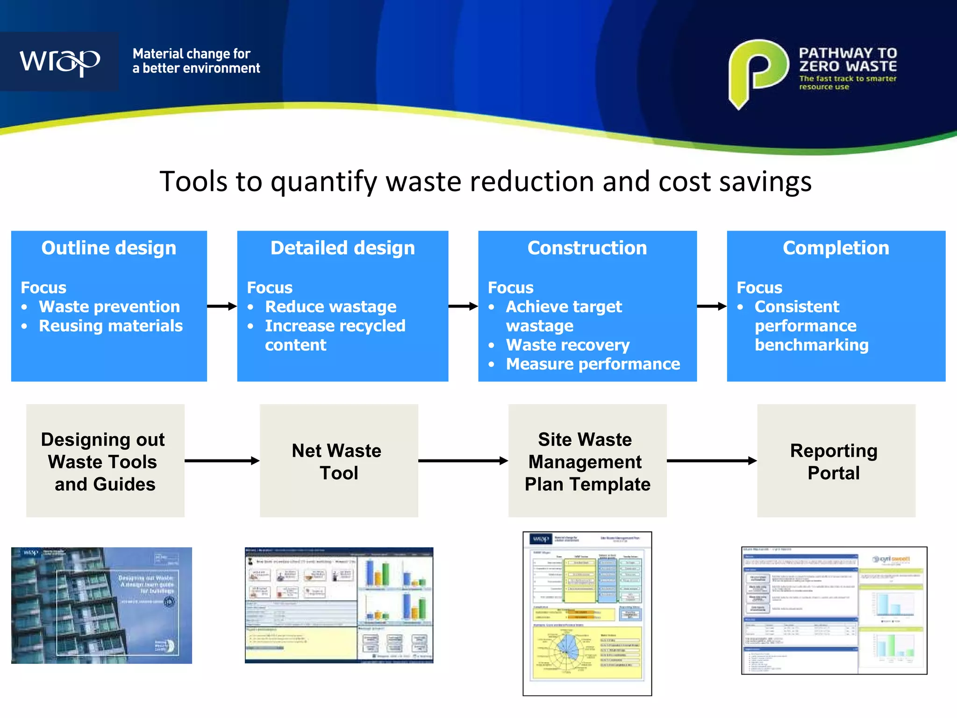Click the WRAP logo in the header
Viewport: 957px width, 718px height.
click(x=59, y=61)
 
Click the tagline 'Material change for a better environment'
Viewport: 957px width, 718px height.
click(x=196, y=61)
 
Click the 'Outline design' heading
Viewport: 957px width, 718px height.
click(x=109, y=248)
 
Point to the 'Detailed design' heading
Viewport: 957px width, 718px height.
click(x=343, y=248)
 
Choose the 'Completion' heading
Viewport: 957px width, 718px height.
click(x=836, y=248)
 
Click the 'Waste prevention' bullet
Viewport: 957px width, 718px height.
click(x=109, y=307)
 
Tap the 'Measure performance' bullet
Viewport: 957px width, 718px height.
click(x=593, y=364)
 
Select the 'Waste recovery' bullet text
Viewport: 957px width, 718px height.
click(x=568, y=345)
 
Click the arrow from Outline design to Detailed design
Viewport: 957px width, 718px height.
click(x=222, y=306)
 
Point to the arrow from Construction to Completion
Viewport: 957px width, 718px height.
click(x=712, y=306)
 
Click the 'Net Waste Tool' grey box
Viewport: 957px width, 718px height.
click(x=339, y=461)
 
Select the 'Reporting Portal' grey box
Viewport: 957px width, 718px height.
click(x=836, y=461)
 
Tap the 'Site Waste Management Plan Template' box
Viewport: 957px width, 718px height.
click(x=587, y=461)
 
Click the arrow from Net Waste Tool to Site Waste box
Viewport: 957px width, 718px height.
click(x=463, y=461)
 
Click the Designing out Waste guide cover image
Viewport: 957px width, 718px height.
click(x=101, y=605)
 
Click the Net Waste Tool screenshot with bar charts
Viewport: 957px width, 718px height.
click(x=339, y=605)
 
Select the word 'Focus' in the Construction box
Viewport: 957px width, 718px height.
click(x=510, y=287)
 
